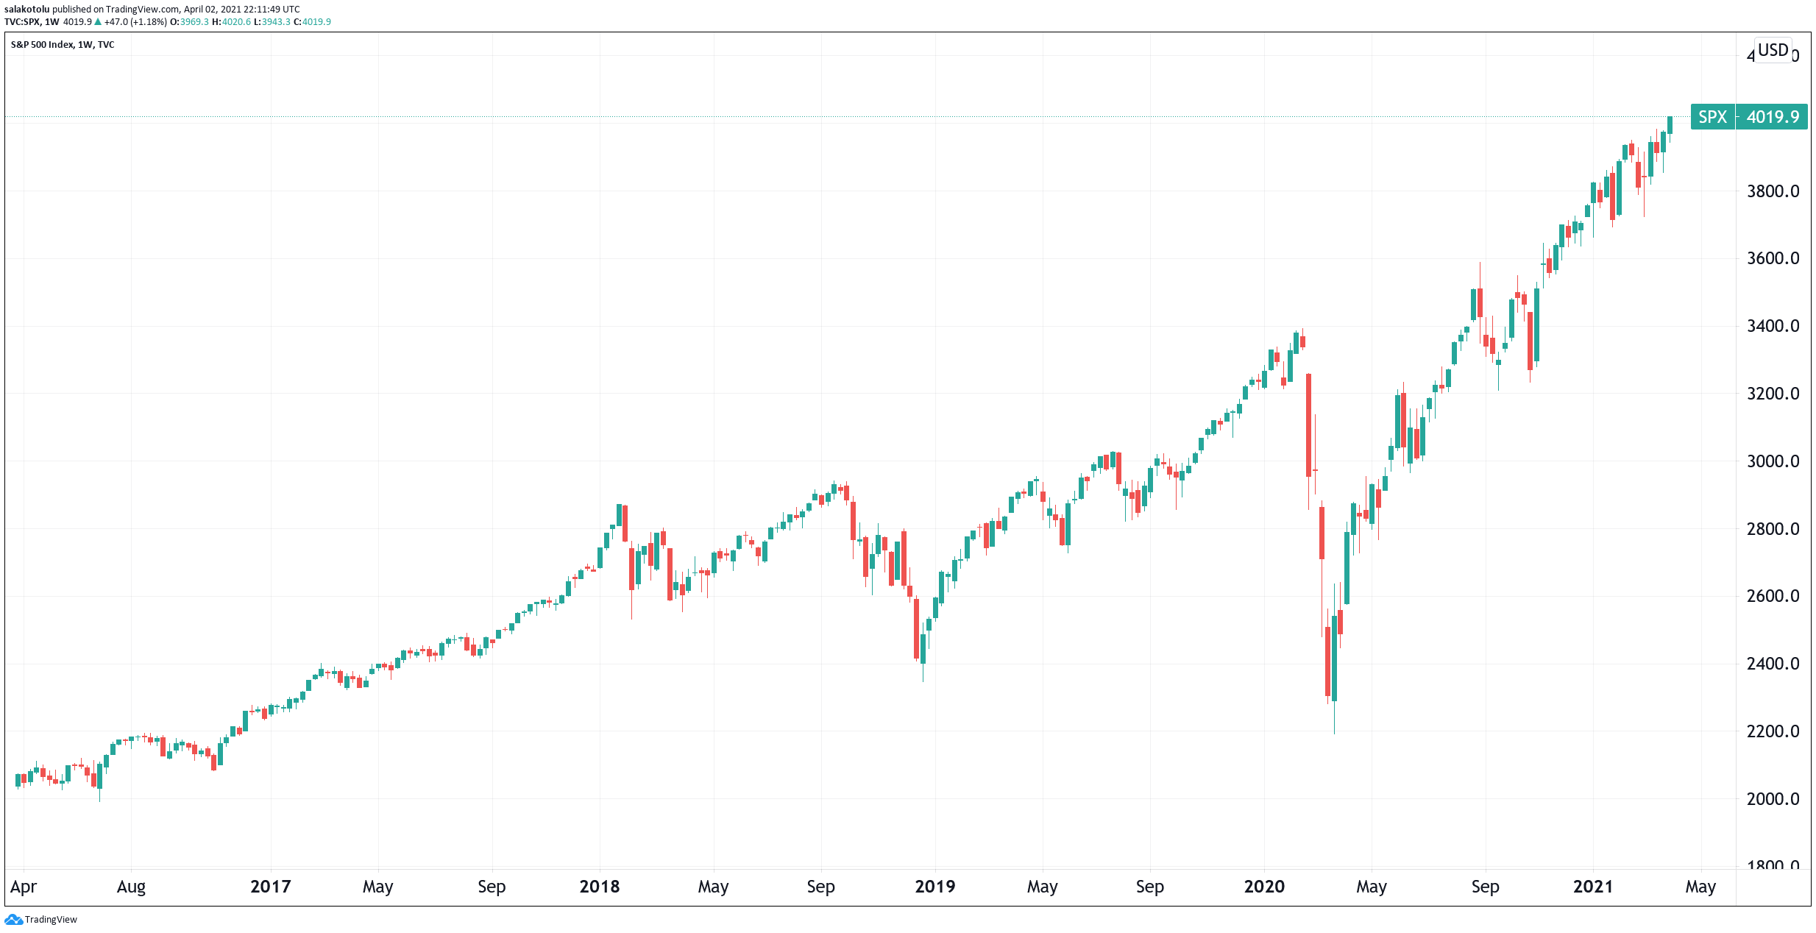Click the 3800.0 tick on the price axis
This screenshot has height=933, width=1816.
pyautogui.click(x=1773, y=191)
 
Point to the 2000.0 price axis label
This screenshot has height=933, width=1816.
pyautogui.click(x=1773, y=799)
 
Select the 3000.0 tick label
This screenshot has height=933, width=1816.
pyautogui.click(x=1773, y=461)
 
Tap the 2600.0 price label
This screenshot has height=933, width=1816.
pyautogui.click(x=1773, y=596)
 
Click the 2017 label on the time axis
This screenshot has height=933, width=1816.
pyautogui.click(x=270, y=887)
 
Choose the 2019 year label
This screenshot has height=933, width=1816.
pyautogui.click(x=934, y=887)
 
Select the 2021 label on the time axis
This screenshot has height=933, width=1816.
pyautogui.click(x=1593, y=887)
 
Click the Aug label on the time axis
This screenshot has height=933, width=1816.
pyautogui.click(x=131, y=887)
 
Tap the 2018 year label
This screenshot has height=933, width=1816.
pyautogui.click(x=599, y=887)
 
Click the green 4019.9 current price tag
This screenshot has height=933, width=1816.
pyautogui.click(x=1772, y=117)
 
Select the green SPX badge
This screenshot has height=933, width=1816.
pyautogui.click(x=1713, y=117)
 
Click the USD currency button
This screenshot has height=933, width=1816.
pyautogui.click(x=1773, y=50)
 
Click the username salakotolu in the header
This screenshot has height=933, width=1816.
pyautogui.click(x=27, y=10)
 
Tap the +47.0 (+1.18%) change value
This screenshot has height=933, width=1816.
pyautogui.click(x=135, y=22)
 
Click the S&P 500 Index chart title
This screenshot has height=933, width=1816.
pyautogui.click(x=42, y=45)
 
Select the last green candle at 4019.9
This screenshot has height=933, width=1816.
pyautogui.click(x=1670, y=125)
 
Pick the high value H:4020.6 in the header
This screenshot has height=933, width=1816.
pyautogui.click(x=231, y=22)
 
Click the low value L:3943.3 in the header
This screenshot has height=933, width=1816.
pyautogui.click(x=272, y=22)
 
